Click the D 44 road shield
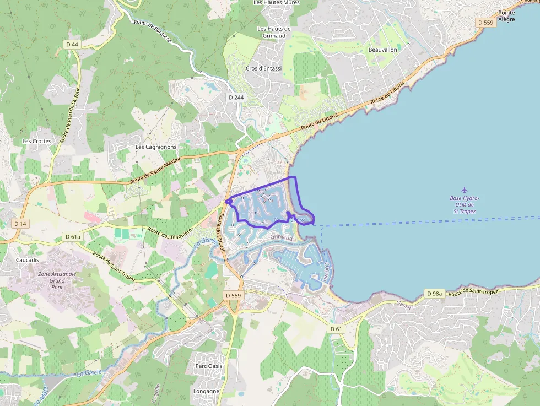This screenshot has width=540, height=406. [72, 44]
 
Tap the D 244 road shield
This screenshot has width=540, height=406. [236, 98]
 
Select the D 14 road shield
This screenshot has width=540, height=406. [20, 224]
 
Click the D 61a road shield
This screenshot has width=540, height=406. [73, 236]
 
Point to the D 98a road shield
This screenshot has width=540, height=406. [435, 294]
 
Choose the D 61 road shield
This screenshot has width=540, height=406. [336, 329]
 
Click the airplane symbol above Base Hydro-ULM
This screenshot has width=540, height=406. [464, 190]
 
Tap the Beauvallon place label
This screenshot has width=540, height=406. [383, 50]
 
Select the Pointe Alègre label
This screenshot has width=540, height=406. [506, 16]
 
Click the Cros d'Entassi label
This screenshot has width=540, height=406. [263, 69]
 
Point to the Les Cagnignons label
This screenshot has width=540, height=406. [156, 147]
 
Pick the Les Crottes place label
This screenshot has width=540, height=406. [36, 141]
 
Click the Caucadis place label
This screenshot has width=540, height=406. [28, 259]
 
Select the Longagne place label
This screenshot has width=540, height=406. [206, 391]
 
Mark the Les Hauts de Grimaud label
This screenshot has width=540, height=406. [274, 33]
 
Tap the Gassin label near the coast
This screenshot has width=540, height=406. [404, 306]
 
